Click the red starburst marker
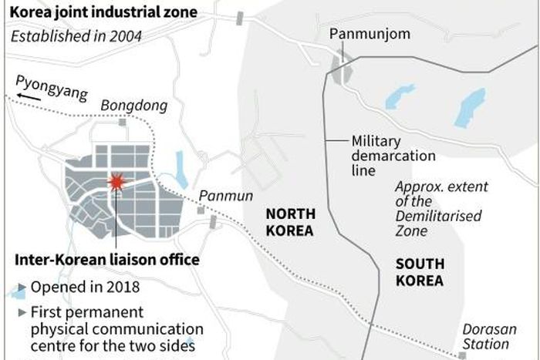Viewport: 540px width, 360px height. pyautogui.click(x=116, y=183)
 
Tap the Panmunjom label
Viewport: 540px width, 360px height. pyautogui.click(x=359, y=34)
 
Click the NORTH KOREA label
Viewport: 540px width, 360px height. pyautogui.click(x=289, y=222)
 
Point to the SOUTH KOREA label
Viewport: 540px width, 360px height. pyautogui.click(x=420, y=272)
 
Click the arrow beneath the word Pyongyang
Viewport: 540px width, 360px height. pyautogui.click(x=29, y=96)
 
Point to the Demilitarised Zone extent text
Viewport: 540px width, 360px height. pyautogui.click(x=437, y=209)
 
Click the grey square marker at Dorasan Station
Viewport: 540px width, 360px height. pyautogui.click(x=461, y=355)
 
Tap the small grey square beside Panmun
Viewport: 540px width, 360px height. pyautogui.click(x=201, y=210)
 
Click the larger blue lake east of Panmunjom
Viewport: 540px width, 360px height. pyautogui.click(x=469, y=107)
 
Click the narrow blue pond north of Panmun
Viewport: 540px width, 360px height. pyautogui.click(x=181, y=169)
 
